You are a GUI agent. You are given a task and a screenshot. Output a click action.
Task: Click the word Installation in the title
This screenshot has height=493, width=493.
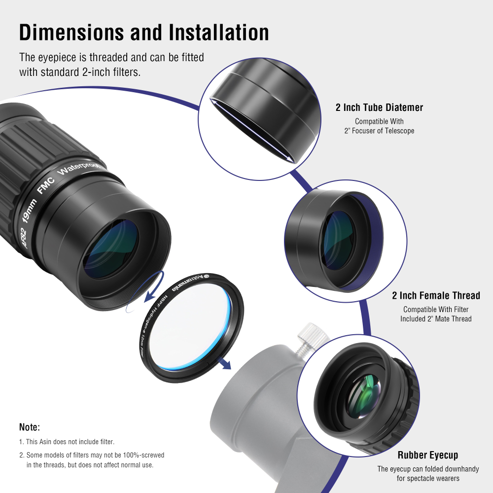[219, 33]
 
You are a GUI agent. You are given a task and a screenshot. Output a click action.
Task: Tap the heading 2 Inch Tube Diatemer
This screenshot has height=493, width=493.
[379, 107]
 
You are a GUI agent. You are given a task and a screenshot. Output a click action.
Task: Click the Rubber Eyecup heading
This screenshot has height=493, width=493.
[428, 455]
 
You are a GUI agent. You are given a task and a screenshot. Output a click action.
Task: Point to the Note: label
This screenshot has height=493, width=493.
[30, 427]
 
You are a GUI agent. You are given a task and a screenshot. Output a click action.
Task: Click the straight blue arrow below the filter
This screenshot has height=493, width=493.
[225, 363]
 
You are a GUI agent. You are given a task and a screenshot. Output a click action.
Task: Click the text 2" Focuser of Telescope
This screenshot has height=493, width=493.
[379, 131]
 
